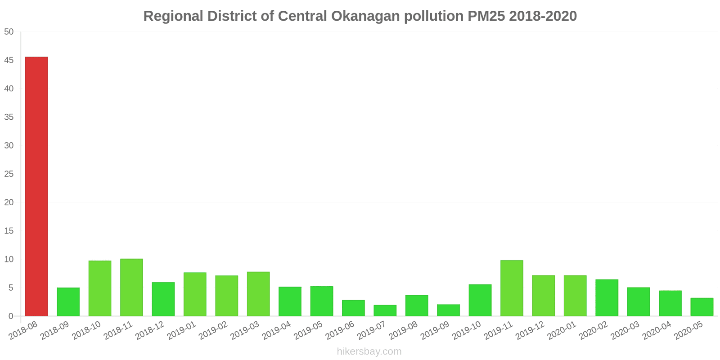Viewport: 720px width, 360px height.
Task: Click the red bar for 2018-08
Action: tap(36, 186)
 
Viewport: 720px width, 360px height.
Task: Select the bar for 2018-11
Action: tap(131, 288)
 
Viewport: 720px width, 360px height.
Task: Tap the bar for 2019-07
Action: tap(385, 310)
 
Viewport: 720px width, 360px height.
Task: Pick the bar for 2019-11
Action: tap(512, 288)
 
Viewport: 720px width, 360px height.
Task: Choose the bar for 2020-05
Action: tap(702, 307)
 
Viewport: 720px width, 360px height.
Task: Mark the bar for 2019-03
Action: tap(258, 294)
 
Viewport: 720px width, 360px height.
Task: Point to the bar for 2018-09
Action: tap(68, 302)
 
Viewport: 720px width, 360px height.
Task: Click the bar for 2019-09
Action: tap(448, 310)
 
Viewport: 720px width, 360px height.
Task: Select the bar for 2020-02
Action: tap(607, 298)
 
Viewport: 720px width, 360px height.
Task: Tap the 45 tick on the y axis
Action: tap(9, 60)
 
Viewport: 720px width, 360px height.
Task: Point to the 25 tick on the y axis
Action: tap(9, 174)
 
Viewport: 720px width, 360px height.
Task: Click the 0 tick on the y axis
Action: tap(11, 316)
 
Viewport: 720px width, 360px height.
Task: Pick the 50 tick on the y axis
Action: tap(9, 32)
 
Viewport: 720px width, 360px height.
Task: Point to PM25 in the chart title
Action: tap(486, 16)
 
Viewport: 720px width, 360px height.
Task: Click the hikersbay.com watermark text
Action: tap(369, 351)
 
